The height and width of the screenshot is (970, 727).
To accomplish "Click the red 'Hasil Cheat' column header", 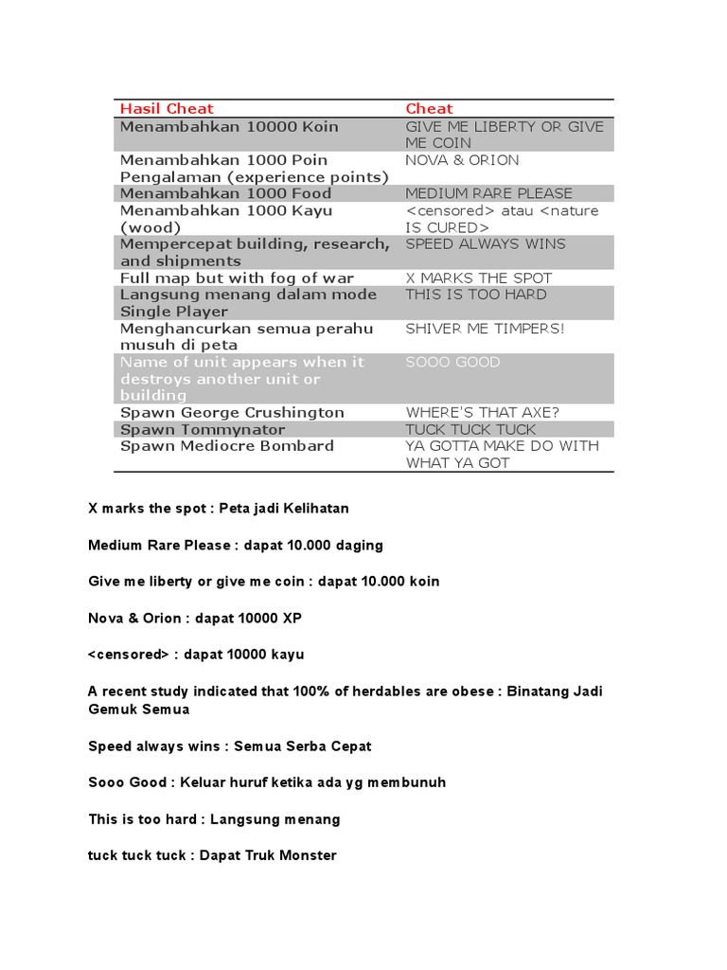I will pyautogui.click(x=167, y=109).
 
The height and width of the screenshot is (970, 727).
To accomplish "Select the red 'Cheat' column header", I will pyautogui.click(x=429, y=109).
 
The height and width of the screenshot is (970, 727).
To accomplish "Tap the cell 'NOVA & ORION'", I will pyautogui.click(x=462, y=160).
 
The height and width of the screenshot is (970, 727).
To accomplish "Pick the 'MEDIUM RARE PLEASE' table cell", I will pyautogui.click(x=488, y=193).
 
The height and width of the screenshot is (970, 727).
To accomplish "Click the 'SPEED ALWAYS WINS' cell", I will pyautogui.click(x=485, y=243).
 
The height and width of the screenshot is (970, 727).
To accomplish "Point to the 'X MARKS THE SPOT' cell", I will pyautogui.click(x=478, y=278).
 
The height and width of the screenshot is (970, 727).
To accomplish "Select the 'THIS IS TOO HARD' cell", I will pyautogui.click(x=475, y=295).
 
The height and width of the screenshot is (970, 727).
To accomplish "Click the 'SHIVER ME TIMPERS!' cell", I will pyautogui.click(x=485, y=329).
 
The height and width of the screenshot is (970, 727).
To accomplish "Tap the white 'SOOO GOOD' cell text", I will pyautogui.click(x=452, y=362).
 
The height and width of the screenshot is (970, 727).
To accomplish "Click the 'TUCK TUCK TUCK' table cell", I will pyautogui.click(x=470, y=429).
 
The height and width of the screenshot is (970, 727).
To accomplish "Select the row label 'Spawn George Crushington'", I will pyautogui.click(x=232, y=413).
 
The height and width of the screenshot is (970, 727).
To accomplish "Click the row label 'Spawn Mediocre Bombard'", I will pyautogui.click(x=226, y=446).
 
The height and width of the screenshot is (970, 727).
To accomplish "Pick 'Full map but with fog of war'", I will pyautogui.click(x=237, y=278).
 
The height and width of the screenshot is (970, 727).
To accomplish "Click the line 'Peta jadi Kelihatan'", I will pyautogui.click(x=219, y=509).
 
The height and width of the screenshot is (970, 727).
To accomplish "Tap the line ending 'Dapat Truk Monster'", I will pyautogui.click(x=212, y=855).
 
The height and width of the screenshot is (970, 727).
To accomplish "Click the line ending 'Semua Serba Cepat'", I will pyautogui.click(x=229, y=746).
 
